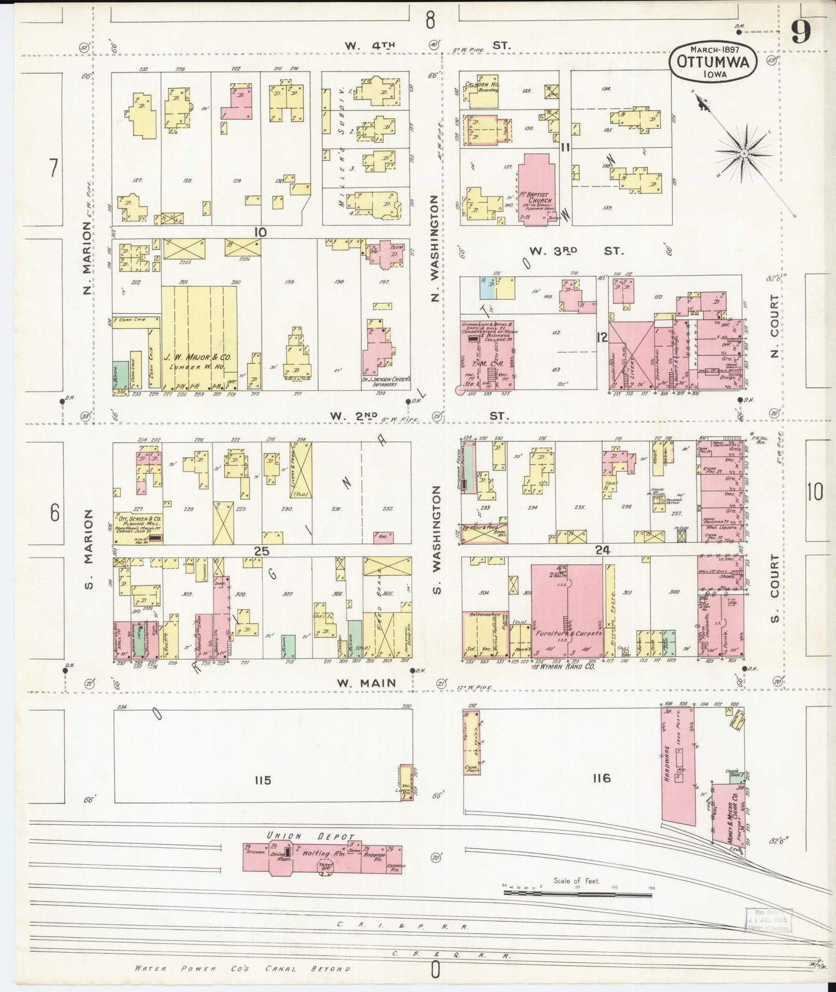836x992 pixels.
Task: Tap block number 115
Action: [262, 780]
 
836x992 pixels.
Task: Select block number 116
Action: [601, 778]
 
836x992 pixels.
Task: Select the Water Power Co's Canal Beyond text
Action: [242, 968]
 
